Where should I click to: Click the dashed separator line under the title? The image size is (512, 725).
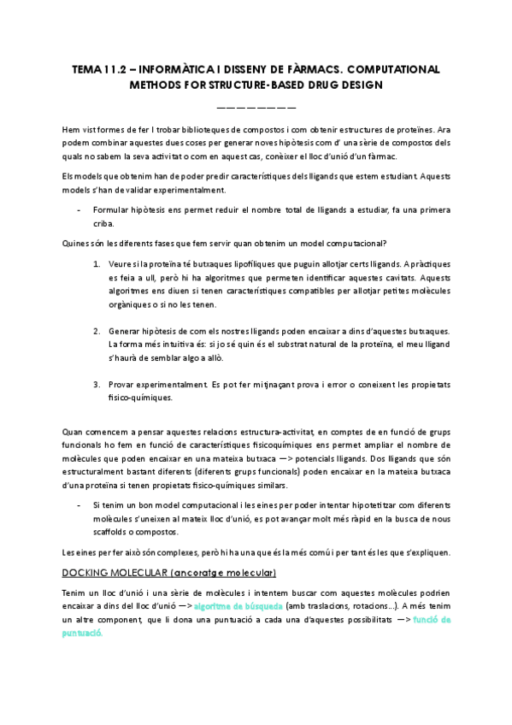[x=256, y=107]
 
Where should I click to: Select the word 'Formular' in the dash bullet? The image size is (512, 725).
[x=112, y=209]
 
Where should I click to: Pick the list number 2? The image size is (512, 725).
[x=97, y=330]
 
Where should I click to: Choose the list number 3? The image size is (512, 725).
[x=97, y=384]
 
